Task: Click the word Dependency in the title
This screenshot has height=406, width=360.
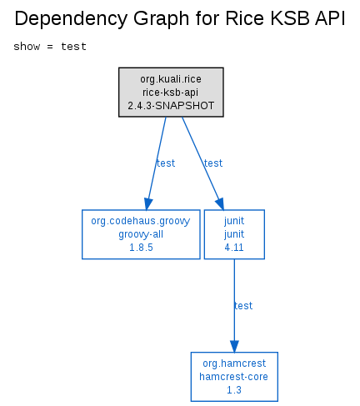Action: tap(72, 19)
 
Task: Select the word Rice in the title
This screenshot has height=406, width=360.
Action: tap(244, 18)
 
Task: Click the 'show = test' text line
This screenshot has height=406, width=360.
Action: tap(50, 47)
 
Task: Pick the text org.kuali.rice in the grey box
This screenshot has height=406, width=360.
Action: tap(171, 79)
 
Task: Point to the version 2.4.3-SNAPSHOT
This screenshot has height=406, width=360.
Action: tap(171, 106)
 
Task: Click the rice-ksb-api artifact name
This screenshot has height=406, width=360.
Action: tap(171, 93)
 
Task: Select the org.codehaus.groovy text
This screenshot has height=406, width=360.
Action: tap(141, 221)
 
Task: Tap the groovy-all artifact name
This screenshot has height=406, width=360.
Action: tap(141, 234)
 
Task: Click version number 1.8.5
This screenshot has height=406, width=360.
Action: tap(141, 248)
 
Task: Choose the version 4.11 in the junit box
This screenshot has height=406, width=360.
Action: tap(234, 248)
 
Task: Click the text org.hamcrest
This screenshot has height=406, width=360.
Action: tap(234, 363)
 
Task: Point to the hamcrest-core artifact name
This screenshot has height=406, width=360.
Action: tap(234, 377)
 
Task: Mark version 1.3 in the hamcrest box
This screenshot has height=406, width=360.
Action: tap(234, 390)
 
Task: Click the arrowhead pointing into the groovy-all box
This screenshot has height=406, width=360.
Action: tap(147, 204)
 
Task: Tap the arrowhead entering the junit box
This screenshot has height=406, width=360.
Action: tap(220, 203)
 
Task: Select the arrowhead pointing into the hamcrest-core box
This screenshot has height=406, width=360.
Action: tap(234, 347)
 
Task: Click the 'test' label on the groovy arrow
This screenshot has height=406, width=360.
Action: tap(166, 163)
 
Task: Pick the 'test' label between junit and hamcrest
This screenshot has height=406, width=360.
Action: tap(243, 306)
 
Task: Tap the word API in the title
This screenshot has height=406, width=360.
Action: tap(330, 18)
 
